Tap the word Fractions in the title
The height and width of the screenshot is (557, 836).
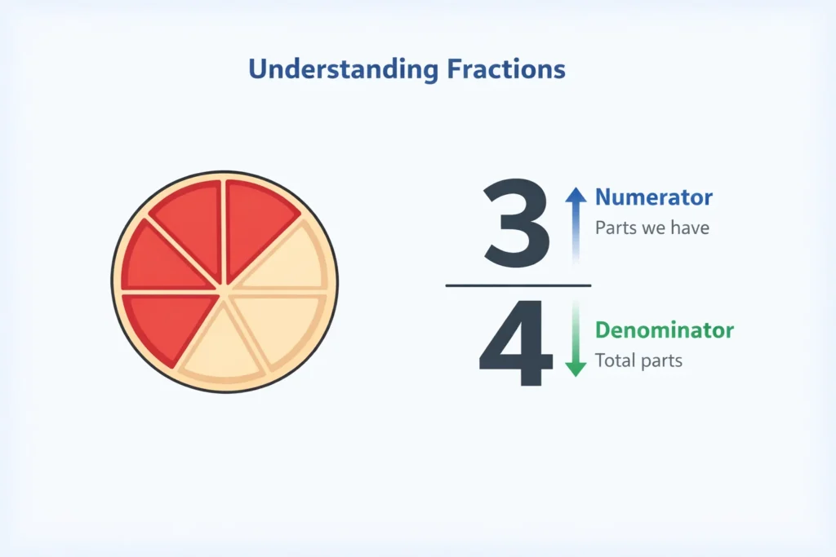505,69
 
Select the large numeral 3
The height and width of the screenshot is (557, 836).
517,224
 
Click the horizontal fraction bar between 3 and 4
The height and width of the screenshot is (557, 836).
518,285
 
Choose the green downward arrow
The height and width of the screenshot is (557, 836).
576,343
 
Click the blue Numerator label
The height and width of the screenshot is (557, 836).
653,197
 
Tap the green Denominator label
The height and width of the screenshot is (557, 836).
664,330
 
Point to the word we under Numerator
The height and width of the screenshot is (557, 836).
654,228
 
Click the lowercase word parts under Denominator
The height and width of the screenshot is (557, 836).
662,360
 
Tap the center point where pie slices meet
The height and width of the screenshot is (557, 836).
224,286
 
